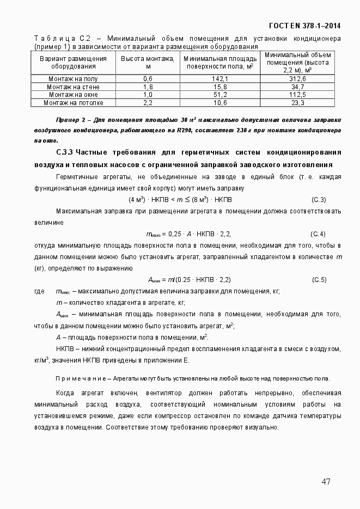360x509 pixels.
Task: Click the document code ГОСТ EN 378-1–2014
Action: (x=305, y=26)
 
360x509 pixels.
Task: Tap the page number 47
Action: (x=326, y=481)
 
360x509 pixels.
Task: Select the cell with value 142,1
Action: (x=220, y=79)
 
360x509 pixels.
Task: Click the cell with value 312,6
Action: (x=298, y=79)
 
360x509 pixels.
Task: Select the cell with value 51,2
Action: (x=220, y=95)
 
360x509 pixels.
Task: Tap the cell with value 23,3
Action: (x=298, y=102)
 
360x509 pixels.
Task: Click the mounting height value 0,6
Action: (x=148, y=79)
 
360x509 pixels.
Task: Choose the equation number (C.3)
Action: (x=318, y=200)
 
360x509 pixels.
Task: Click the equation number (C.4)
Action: (x=318, y=234)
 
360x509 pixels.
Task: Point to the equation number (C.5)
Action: (x=318, y=280)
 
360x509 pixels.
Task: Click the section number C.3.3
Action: (x=64, y=152)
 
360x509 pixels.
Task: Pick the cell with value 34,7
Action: (x=298, y=87)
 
